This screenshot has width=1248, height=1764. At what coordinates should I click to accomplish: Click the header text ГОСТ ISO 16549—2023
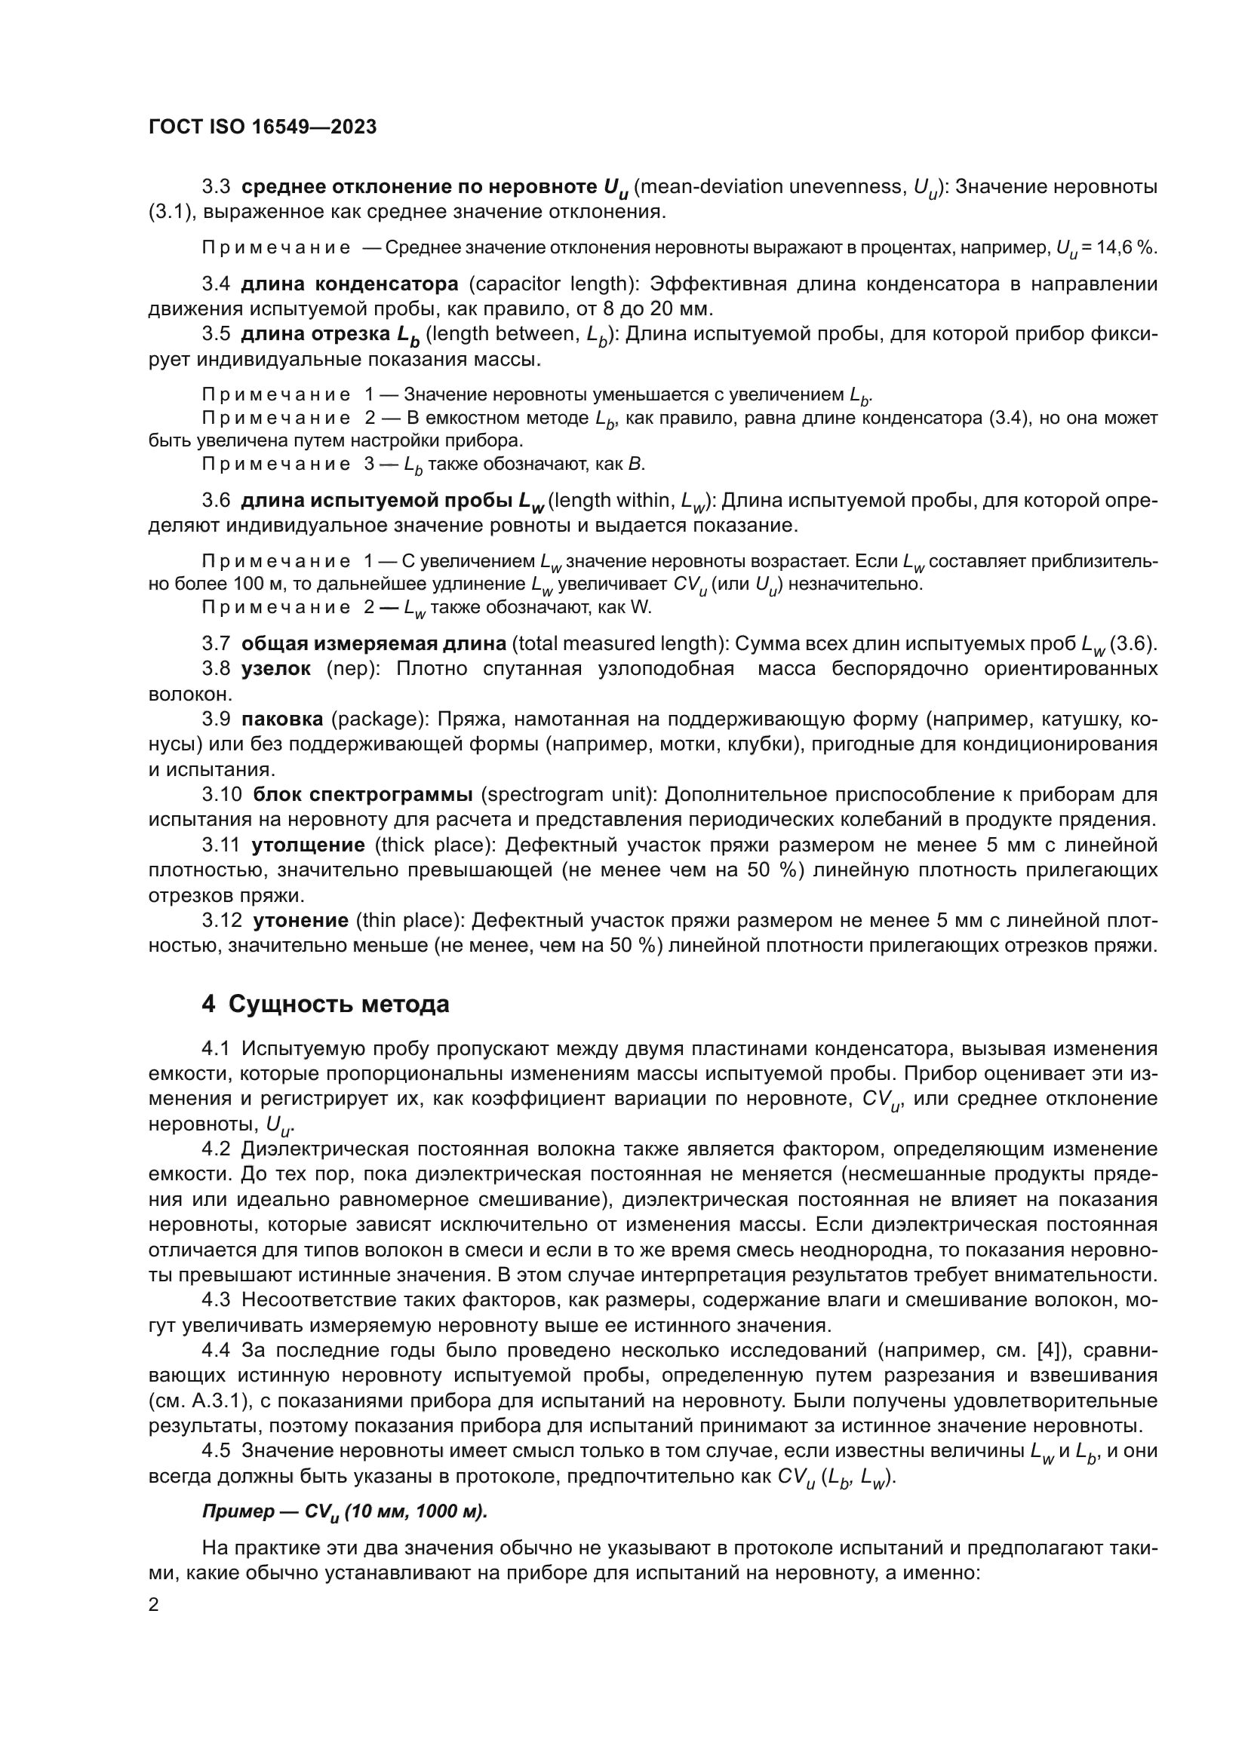[x=262, y=127]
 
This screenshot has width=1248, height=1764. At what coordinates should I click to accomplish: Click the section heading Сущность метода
[x=338, y=1004]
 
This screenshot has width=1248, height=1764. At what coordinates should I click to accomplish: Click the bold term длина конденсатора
[x=349, y=284]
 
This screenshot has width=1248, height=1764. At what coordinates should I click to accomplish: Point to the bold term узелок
[x=276, y=668]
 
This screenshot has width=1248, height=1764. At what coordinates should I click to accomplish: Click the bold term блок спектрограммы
[x=363, y=794]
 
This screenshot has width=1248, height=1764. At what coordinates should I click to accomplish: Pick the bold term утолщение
[x=308, y=845]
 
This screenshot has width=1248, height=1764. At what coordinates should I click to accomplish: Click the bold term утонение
[x=301, y=920]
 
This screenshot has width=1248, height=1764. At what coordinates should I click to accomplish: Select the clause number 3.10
[x=222, y=794]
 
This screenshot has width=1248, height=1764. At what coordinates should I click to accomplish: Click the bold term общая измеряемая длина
[x=373, y=643]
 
